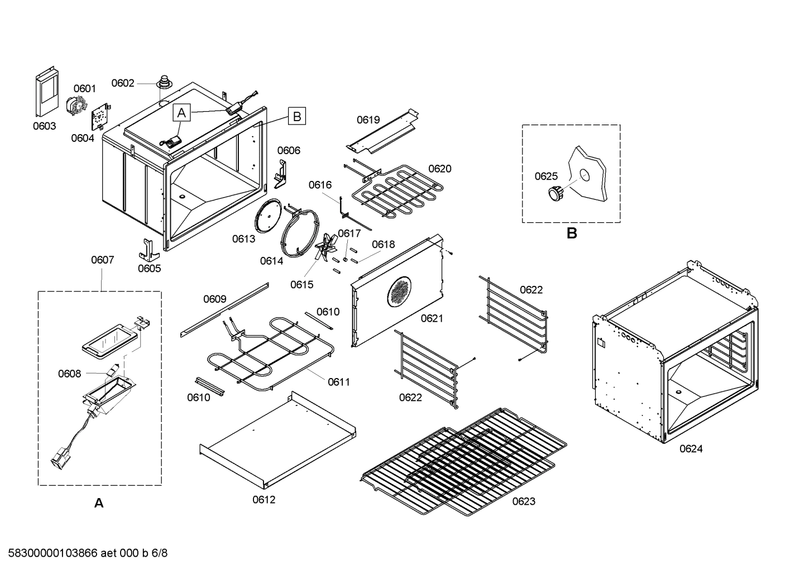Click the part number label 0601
pyautogui.click(x=85, y=88)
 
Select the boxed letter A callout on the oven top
pyautogui.click(x=181, y=113)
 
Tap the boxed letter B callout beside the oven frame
pyautogui.click(x=297, y=116)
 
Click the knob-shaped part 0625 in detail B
pyautogui.click(x=554, y=193)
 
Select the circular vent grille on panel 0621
pyautogui.click(x=399, y=291)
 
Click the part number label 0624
pyautogui.click(x=691, y=448)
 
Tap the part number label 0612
pyautogui.click(x=263, y=500)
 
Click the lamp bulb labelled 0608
pyautogui.click(x=113, y=370)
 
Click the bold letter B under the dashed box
pyautogui.click(x=571, y=233)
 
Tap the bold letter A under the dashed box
pyautogui.click(x=99, y=503)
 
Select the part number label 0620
pyautogui.click(x=439, y=169)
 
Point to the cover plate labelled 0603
pyautogui.click(x=46, y=93)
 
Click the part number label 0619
pyautogui.click(x=368, y=119)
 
